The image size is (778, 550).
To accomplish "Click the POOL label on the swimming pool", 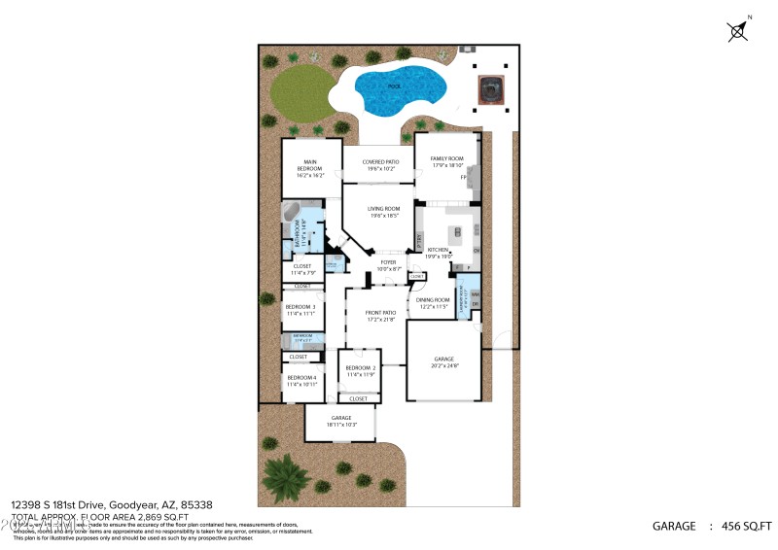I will click(394, 86).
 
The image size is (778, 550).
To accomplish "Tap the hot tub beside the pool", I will click(492, 90).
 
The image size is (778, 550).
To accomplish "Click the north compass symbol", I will click(738, 30).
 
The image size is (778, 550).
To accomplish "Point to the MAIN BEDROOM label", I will click(310, 165).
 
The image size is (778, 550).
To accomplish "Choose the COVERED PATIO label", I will click(380, 162).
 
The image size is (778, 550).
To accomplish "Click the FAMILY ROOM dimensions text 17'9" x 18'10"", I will click(448, 166).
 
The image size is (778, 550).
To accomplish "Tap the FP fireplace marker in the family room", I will click(464, 178).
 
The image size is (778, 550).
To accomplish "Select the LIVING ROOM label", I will click(383, 209).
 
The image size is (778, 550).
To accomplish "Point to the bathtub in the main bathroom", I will click(292, 213).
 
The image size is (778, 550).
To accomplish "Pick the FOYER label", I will click(388, 261).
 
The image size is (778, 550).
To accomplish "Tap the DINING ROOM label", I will click(433, 299).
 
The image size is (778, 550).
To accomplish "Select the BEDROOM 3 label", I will click(300, 307).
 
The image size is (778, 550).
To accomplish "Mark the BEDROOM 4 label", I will click(301, 377).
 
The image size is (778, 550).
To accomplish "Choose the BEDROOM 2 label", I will click(360, 368).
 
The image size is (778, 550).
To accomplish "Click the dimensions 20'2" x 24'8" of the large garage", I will click(443, 364).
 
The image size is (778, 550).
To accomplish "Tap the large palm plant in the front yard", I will click(283, 475).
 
